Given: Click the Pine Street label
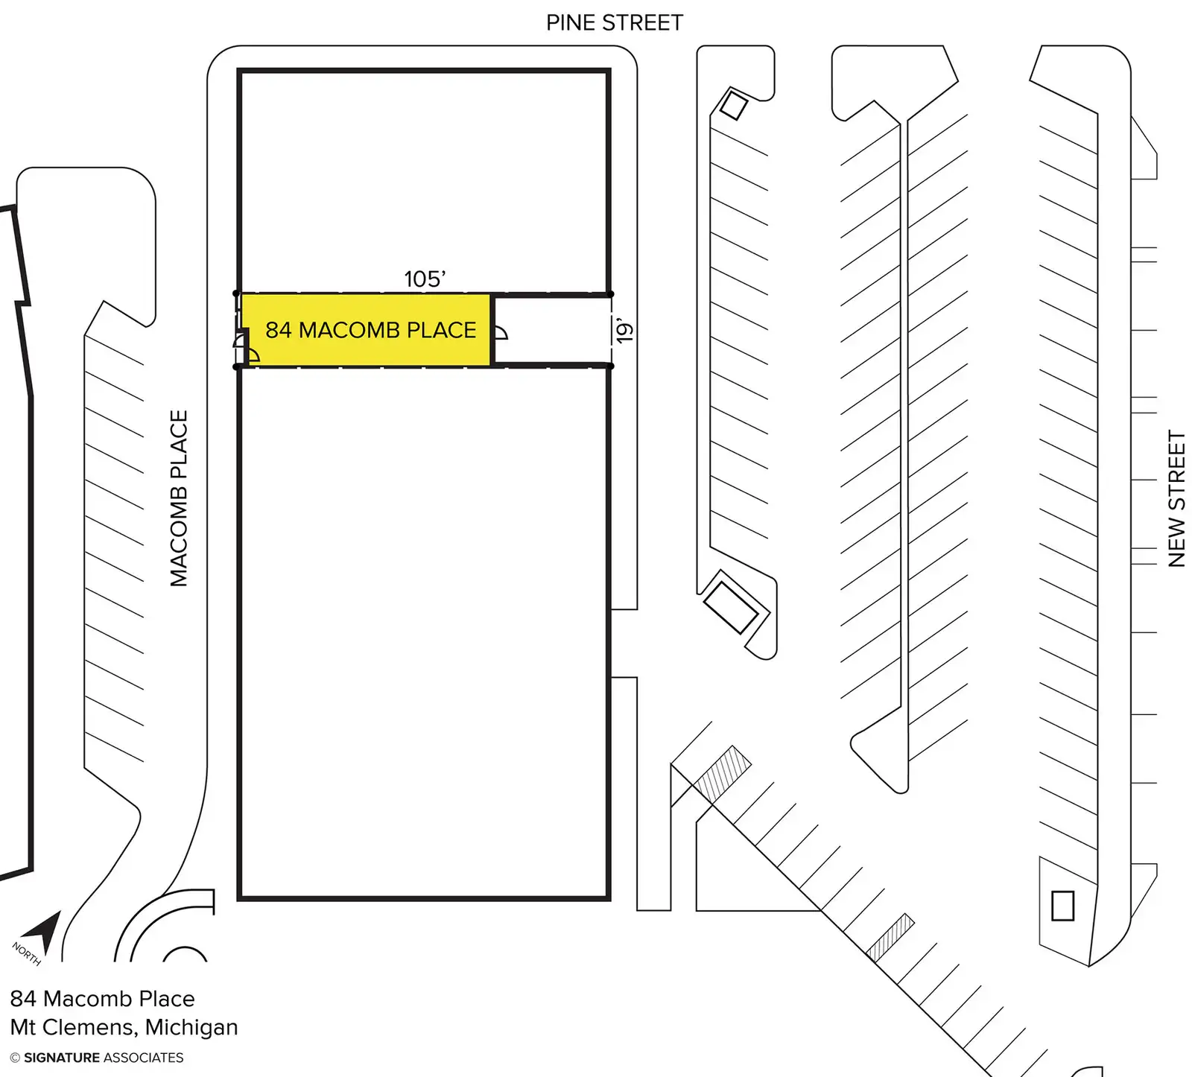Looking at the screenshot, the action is (614, 23).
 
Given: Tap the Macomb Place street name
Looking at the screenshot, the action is (179, 498).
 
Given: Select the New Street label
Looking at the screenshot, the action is (1176, 498).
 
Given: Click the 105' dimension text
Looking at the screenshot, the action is (425, 279).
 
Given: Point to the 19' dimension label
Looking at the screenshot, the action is (624, 330).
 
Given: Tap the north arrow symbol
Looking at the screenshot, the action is (43, 930).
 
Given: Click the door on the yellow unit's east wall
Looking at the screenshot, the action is (500, 332).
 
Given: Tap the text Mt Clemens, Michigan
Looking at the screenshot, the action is (124, 1027).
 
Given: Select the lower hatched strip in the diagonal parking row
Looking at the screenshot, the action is (890, 937).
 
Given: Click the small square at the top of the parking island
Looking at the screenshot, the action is (733, 105).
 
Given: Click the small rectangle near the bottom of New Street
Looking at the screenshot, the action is (1062, 906).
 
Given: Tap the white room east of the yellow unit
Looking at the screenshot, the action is (551, 330).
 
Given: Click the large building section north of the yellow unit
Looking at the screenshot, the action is (424, 179).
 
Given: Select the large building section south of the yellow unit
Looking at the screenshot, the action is (424, 633).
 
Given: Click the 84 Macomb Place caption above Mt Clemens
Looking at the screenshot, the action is (102, 999).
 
